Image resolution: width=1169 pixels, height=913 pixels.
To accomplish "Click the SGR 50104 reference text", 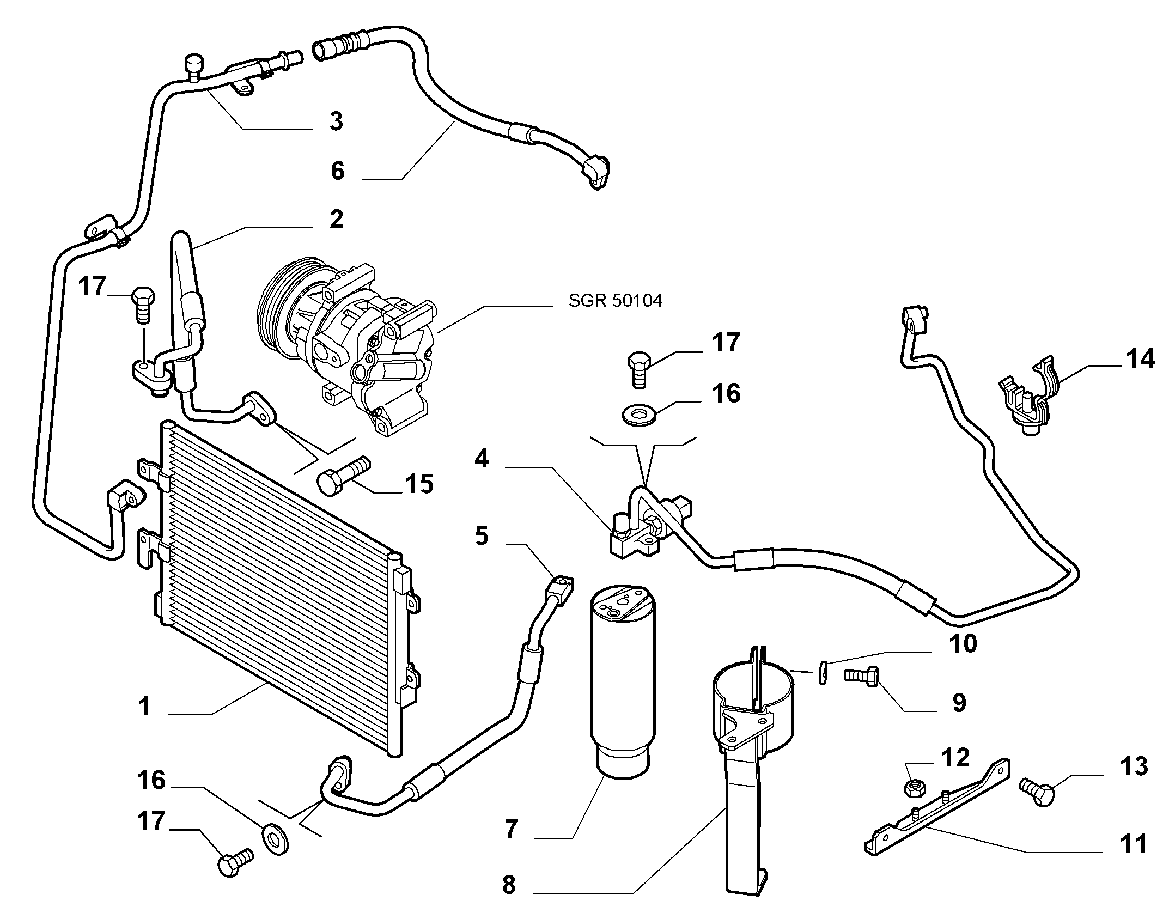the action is click(x=616, y=301).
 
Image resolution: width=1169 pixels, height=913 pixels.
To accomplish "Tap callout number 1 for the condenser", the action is click(x=144, y=707).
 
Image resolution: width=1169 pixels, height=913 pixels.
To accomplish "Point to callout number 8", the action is click(x=509, y=885).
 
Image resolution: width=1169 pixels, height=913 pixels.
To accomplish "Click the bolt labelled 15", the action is click(x=344, y=473).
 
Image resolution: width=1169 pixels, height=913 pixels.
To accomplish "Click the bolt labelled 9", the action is click(x=860, y=677).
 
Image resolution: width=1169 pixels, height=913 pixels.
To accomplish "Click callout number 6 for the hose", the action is click(x=338, y=171).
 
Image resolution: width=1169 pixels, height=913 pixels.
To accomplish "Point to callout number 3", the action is click(x=336, y=121).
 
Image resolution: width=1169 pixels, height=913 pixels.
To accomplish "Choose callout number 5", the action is click(x=482, y=536).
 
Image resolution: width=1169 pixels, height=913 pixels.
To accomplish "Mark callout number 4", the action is click(x=481, y=459).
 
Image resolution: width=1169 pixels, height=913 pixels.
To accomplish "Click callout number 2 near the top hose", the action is click(x=336, y=220).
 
